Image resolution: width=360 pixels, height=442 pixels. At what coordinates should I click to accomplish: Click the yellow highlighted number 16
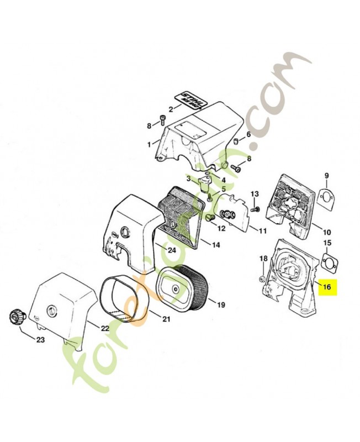pyautogui.click(x=326, y=287)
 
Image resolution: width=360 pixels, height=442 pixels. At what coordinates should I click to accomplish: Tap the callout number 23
pyautogui.click(x=40, y=340)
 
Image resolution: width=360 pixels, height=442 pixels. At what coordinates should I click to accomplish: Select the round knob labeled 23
pyautogui.click(x=16, y=318)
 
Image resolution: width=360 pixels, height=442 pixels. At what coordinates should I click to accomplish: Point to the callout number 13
pyautogui.click(x=255, y=194)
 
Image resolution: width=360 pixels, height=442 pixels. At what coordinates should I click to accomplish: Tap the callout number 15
pyautogui.click(x=327, y=243)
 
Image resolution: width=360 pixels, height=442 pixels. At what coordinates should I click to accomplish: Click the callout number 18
pyautogui.click(x=263, y=259)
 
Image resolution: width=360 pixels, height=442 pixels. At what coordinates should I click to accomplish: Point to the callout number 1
pyautogui.click(x=148, y=144)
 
